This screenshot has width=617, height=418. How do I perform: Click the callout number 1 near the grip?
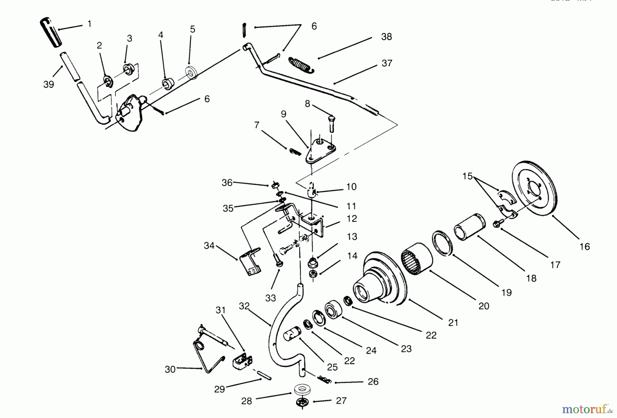click(89, 24)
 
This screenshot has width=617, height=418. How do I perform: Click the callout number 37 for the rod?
click(387, 63)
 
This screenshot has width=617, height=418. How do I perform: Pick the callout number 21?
click(453, 322)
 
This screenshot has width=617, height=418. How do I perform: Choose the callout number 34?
click(209, 245)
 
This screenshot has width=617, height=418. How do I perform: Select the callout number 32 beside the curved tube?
click(244, 306)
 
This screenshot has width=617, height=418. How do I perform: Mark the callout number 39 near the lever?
click(49, 84)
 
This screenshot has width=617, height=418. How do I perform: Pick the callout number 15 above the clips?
click(467, 176)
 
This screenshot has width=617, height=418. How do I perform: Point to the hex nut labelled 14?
click(313, 273)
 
